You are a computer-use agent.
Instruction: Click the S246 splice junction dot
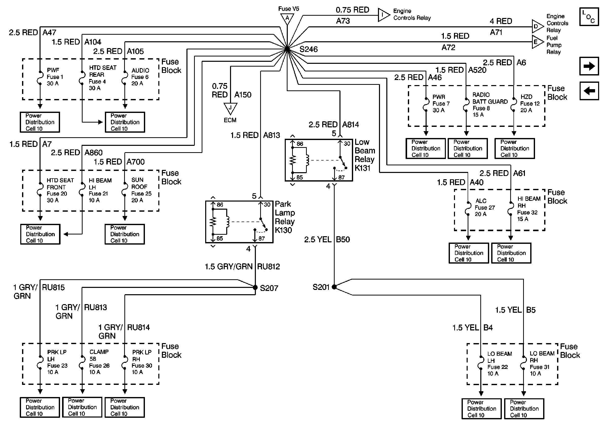pyautogui.click(x=287, y=49)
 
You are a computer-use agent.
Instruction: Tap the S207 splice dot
pyautogui.click(x=255, y=287)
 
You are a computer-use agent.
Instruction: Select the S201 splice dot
pyautogui.click(x=334, y=287)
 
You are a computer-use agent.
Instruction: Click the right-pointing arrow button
pyautogui.click(x=589, y=66)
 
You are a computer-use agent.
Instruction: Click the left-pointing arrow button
pyautogui.click(x=589, y=91)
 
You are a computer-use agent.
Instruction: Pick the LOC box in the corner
pyautogui.click(x=589, y=17)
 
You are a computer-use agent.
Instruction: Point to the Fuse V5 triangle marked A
pyautogui.click(x=287, y=19)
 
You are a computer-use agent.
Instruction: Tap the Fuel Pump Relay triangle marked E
pyautogui.click(x=538, y=42)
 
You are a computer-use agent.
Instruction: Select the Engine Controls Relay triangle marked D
pyautogui.click(x=538, y=27)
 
